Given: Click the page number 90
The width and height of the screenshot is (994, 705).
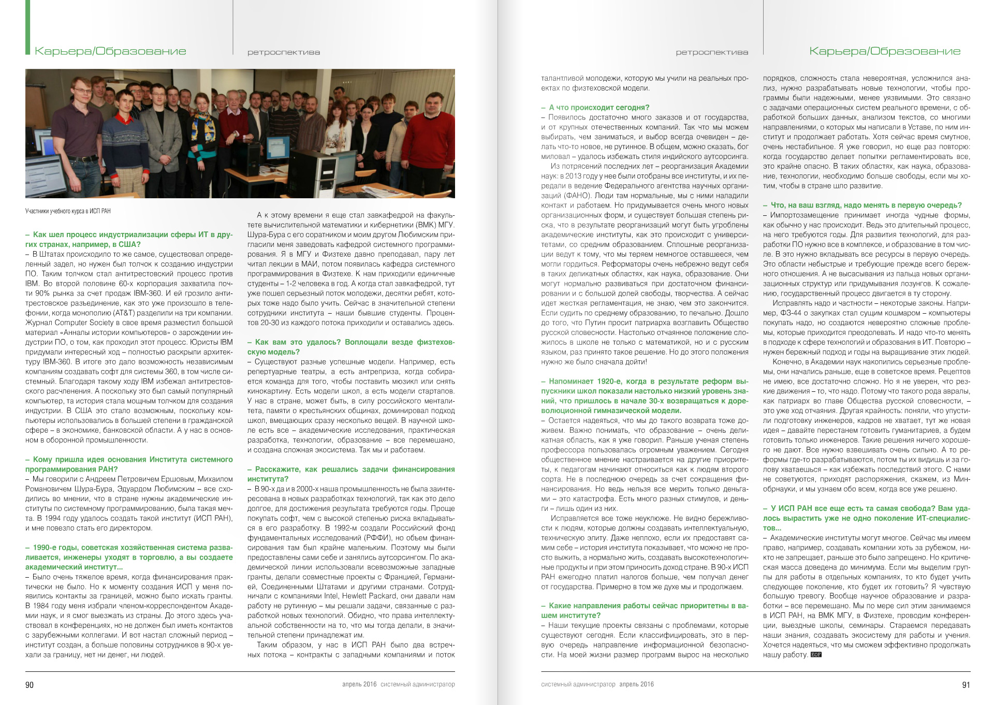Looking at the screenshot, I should coord(30,685).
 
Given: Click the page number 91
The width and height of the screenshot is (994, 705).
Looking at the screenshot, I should coord(966,685).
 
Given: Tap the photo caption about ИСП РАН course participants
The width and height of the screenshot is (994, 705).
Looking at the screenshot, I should coord(68,211).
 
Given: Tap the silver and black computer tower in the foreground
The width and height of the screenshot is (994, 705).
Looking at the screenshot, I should coord(328,171).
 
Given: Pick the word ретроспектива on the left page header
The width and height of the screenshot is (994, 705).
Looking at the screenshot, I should coord(283,52).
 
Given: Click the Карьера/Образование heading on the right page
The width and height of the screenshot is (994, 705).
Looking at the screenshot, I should coord(885,51).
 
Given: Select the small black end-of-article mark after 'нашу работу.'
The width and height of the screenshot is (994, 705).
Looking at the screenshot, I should coord(816,655).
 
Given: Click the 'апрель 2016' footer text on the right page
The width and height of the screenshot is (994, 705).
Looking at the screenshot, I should coord(636,684).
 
